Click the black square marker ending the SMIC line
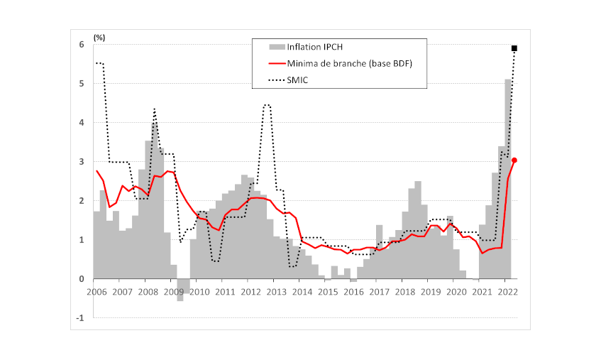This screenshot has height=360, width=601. [x=514, y=48]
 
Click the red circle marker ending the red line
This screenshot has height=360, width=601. [x=514, y=160]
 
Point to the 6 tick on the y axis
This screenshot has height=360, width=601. [x=82, y=45]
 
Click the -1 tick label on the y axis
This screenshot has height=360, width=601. [x=80, y=318]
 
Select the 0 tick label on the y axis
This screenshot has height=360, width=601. [x=82, y=279]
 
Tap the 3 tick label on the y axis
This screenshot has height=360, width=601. [x=82, y=162]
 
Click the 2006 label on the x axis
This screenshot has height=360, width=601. [x=97, y=292]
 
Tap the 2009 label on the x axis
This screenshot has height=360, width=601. [x=174, y=292]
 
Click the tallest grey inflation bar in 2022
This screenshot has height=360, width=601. [x=508, y=178]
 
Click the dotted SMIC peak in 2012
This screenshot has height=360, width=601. [x=267, y=104]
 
